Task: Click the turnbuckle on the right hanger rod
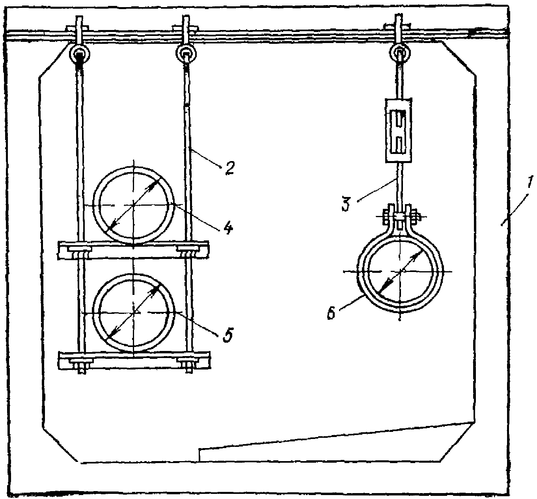399,131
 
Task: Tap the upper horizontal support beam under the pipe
133,250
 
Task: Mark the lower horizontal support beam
134,360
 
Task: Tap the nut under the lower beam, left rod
81,370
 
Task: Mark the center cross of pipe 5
134,312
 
